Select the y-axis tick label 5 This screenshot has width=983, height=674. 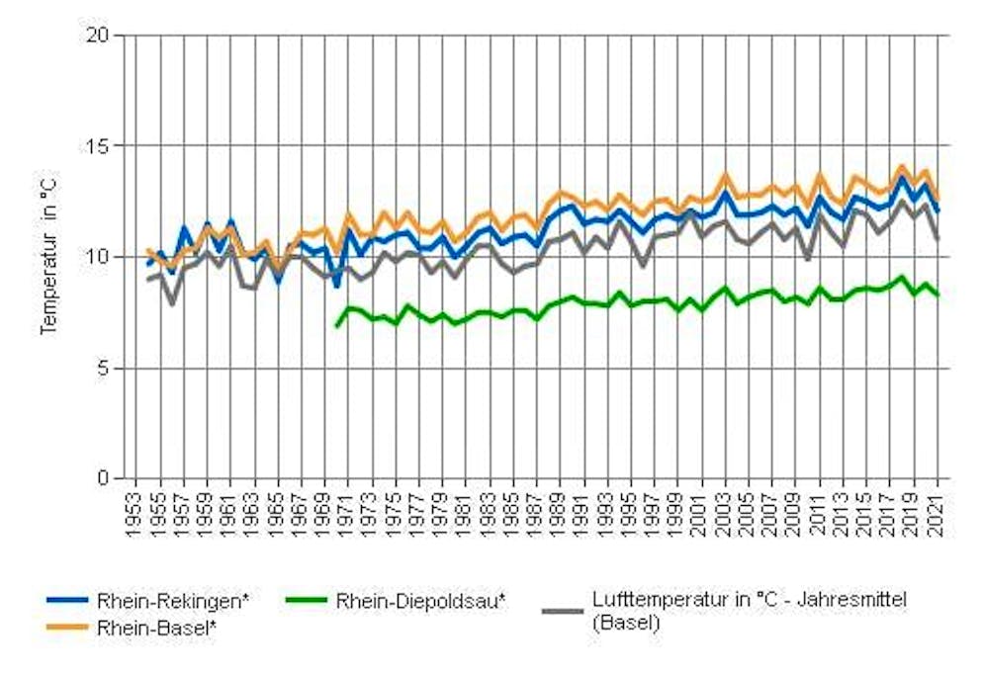(x=104, y=368)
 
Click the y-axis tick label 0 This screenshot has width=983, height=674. (x=104, y=478)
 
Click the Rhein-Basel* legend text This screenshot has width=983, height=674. (x=158, y=627)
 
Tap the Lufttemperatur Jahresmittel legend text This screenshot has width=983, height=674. (x=750, y=611)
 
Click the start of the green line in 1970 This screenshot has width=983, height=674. (x=336, y=326)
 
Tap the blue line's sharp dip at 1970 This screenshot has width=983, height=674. (x=336, y=286)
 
